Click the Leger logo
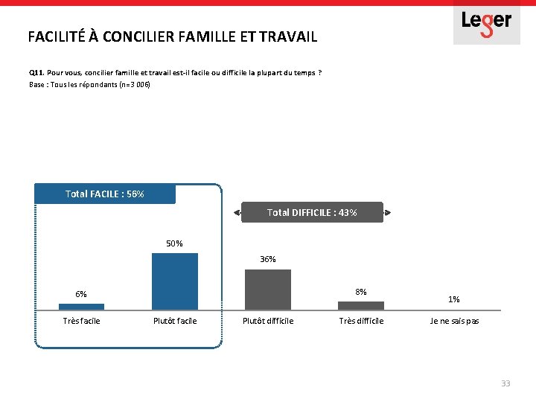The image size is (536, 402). pos(487,22)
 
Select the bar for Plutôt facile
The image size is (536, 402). pos(175,281)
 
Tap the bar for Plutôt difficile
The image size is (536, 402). pos(268,290)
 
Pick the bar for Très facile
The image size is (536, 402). pos(81,306)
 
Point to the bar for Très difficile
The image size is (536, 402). pos(361,305)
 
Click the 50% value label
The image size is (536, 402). pos(175,243)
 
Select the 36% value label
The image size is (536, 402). pos(268,259)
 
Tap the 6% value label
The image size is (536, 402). pos(81,294)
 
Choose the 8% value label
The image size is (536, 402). pos(361,292)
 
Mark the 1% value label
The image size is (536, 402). pos(454,299)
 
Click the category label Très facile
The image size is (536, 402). pos(81,321)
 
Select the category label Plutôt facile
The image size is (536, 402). pos(175,321)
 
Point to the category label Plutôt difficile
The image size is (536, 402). pos(268,321)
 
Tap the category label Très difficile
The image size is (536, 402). pos(361,321)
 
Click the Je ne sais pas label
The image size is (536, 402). pos(454,321)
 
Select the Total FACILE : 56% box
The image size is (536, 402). pos(105,194)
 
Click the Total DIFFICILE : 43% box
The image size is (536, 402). pos(312,213)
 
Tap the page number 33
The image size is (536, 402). pos(505,383)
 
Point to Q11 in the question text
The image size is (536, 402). pos(36,73)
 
